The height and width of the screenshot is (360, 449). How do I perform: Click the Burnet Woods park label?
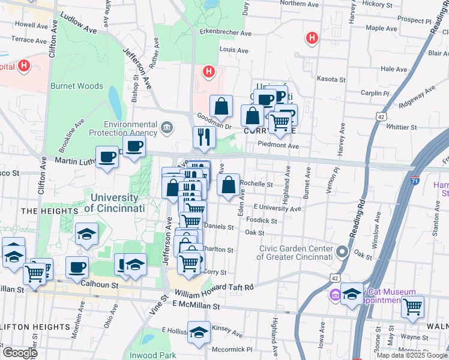click(x=77, y=86)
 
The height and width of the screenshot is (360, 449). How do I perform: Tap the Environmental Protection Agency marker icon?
click(x=167, y=127)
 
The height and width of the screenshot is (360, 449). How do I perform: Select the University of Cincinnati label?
click(x=115, y=203)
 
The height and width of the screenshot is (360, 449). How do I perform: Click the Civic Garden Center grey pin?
click(x=342, y=251)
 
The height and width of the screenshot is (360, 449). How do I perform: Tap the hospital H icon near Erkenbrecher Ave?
click(x=208, y=72)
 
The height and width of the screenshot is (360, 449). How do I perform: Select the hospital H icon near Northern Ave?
click(x=312, y=38)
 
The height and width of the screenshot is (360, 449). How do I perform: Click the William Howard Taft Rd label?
click(x=214, y=290)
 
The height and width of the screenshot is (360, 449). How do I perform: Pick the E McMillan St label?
click(x=196, y=306)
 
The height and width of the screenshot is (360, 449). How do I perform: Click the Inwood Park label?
click(x=154, y=355)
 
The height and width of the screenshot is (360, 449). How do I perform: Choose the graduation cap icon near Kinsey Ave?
click(x=199, y=332)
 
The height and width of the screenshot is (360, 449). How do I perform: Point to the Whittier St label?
click(x=402, y=127)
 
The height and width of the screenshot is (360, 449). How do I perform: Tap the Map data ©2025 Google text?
click(x=411, y=355)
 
